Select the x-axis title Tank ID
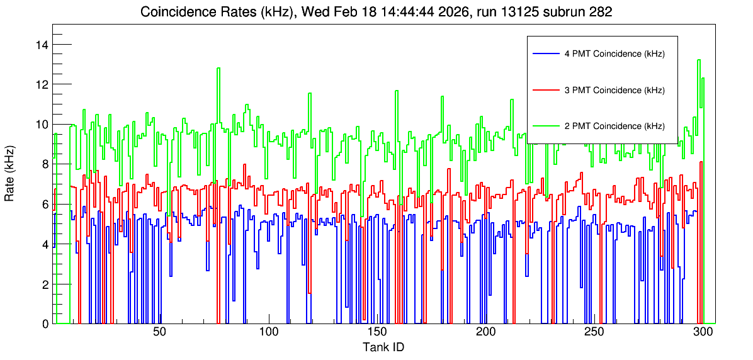(x=383, y=347)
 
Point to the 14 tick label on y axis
(x=43, y=45)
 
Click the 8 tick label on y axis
(x=45, y=164)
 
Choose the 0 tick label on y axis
(x=45, y=323)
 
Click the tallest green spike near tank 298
(x=699, y=60)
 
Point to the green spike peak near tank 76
(x=218, y=68)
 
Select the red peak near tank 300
(x=701, y=162)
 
